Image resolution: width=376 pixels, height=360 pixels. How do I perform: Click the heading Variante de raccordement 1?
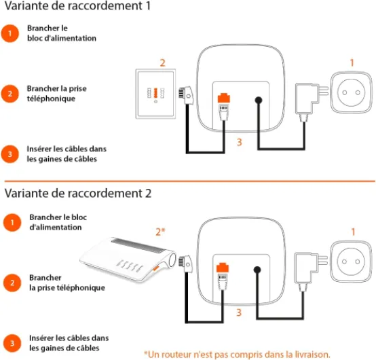point(77,6)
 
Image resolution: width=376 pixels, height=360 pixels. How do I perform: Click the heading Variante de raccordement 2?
point(78,193)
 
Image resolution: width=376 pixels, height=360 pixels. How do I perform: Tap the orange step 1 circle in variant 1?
point(10,33)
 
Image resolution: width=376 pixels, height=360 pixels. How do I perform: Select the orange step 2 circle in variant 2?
point(12,283)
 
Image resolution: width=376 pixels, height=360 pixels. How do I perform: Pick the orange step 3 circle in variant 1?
point(10,154)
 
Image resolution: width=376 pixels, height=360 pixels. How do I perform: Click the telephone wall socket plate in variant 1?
point(155,94)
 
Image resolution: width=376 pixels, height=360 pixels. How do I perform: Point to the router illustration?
point(128,259)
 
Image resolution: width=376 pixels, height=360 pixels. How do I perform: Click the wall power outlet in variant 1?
point(352,92)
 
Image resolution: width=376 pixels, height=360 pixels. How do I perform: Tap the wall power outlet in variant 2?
point(351,262)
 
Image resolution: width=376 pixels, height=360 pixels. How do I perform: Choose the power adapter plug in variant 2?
point(311,271)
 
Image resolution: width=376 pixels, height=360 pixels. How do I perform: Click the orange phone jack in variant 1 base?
point(224,98)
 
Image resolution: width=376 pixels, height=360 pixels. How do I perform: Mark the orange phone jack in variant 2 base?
point(223,268)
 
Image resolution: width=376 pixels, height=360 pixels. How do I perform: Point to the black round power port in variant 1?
point(259,100)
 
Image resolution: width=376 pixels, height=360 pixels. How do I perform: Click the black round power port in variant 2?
point(257,270)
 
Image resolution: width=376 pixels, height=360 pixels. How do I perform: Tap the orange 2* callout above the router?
point(160,232)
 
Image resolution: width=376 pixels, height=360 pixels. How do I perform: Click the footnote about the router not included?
point(237,355)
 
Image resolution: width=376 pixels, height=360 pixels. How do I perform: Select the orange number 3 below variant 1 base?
point(239,142)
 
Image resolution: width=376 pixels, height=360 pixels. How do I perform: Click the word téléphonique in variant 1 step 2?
point(51,98)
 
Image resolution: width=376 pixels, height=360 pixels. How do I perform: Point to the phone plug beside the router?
point(185,264)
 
